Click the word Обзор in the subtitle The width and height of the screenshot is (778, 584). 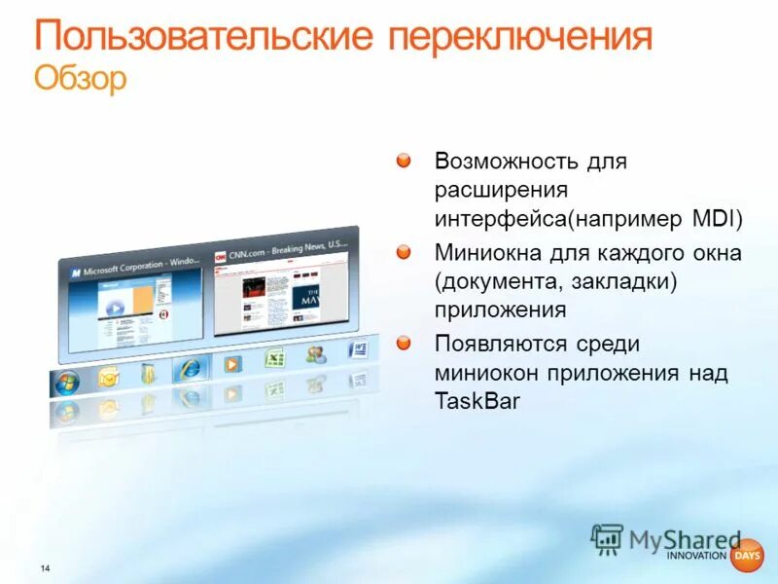click(x=81, y=78)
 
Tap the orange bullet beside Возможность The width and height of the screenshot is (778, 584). click(x=404, y=161)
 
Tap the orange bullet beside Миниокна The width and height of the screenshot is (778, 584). click(x=404, y=252)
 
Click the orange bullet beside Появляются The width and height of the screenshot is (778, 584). click(x=404, y=343)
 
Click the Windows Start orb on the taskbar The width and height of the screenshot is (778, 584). click(x=67, y=382)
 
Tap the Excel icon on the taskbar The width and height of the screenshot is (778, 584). click(x=275, y=359)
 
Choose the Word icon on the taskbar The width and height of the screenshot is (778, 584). click(x=359, y=349)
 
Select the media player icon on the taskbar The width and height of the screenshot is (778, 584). click(x=232, y=364)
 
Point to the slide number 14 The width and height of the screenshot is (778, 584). click(x=45, y=567)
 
